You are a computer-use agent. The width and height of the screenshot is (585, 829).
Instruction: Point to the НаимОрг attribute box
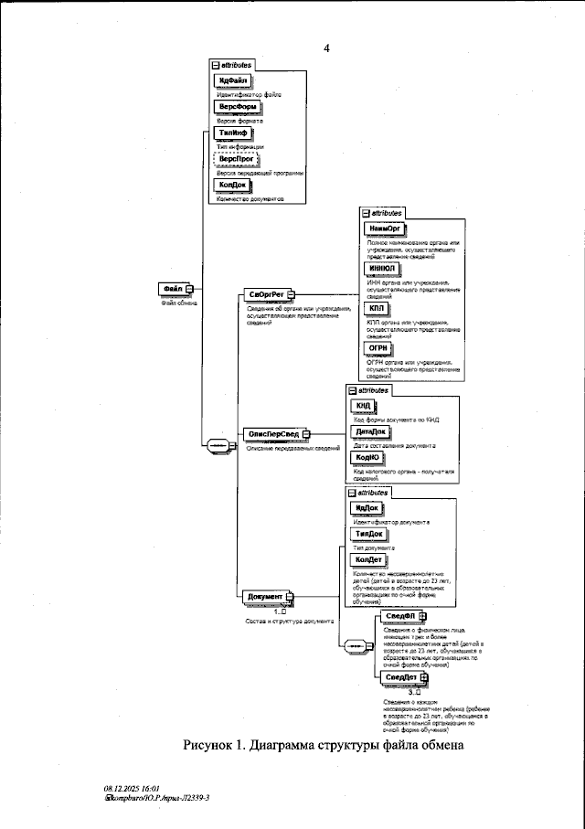(383, 229)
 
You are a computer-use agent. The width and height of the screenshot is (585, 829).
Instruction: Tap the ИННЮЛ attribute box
(381, 269)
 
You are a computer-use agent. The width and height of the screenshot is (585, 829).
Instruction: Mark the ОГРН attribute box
(378, 348)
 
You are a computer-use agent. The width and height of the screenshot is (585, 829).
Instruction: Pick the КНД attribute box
(363, 406)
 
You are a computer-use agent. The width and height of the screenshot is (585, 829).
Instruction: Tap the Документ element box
(267, 597)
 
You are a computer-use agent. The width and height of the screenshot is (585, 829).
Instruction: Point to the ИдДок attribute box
(366, 507)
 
